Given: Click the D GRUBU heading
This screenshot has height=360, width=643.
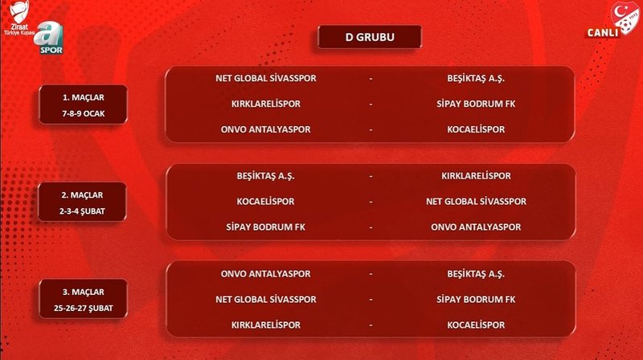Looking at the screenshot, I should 369,37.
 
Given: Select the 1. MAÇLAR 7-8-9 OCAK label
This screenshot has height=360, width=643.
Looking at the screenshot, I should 84,104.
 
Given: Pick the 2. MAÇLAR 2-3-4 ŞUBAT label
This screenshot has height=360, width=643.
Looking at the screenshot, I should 84,202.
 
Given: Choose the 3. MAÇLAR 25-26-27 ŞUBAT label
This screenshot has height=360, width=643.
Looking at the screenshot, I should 84,299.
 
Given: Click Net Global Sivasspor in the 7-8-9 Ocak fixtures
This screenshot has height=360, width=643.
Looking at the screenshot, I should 265,79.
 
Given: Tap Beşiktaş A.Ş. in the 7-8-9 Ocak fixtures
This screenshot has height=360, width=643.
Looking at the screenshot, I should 476,79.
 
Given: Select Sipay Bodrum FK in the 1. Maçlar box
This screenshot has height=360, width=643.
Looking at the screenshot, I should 476,104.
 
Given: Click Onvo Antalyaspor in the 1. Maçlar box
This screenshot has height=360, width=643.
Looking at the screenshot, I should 265,129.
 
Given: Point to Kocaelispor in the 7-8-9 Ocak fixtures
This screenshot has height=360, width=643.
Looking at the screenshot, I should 476,129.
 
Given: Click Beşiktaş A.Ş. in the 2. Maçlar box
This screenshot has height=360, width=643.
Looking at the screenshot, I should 265,175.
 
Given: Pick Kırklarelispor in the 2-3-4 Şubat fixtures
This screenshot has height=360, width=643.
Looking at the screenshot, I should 476,175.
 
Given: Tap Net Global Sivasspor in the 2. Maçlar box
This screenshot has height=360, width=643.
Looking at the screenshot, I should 476,201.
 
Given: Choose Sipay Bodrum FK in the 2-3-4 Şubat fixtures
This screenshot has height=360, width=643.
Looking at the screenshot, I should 265,227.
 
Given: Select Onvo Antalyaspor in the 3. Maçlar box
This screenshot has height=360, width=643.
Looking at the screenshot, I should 265,273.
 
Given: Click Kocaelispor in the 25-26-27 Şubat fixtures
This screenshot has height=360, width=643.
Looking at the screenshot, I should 476,325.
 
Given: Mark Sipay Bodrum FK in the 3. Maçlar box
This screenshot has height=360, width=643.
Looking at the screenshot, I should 476,299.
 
